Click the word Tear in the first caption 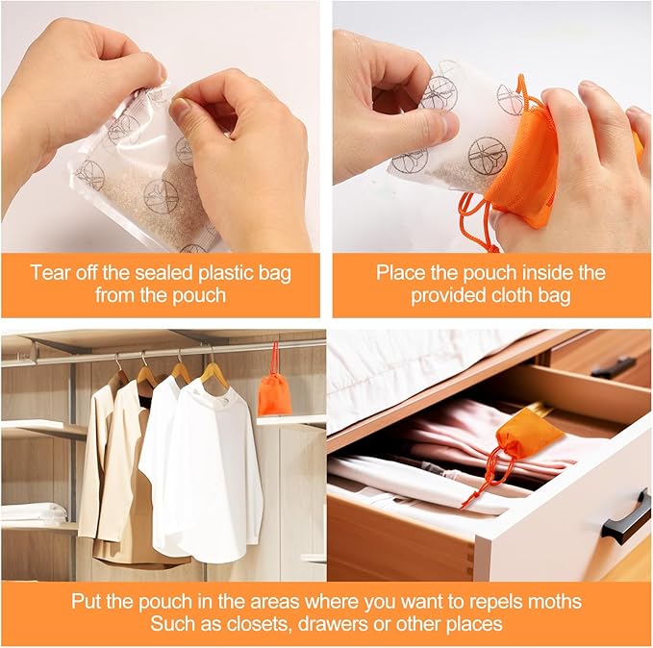[x=50, y=273]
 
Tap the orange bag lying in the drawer [x=528, y=434]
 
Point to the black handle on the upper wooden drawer [x=613, y=367]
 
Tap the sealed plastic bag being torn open [x=144, y=173]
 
